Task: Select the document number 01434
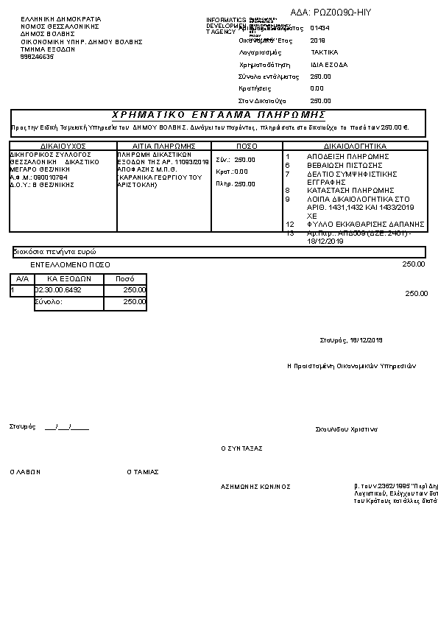[319, 28]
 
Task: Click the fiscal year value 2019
[318, 40]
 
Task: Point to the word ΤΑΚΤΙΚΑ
[324, 53]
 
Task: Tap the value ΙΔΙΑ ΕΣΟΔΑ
[329, 65]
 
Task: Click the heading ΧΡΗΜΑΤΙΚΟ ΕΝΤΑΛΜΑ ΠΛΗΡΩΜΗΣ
[219, 116]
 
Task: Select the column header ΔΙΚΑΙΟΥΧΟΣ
[63, 146]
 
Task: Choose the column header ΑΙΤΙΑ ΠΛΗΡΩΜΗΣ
[163, 146]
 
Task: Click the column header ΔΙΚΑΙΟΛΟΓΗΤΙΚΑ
[355, 146]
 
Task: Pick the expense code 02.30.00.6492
[59, 290]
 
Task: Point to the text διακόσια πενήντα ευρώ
[55, 252]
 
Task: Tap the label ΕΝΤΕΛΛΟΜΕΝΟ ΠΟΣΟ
[71, 264]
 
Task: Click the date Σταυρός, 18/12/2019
[351, 340]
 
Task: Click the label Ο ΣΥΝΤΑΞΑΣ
[242, 448]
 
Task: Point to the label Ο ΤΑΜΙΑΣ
[143, 472]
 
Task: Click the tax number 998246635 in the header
[37, 56]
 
